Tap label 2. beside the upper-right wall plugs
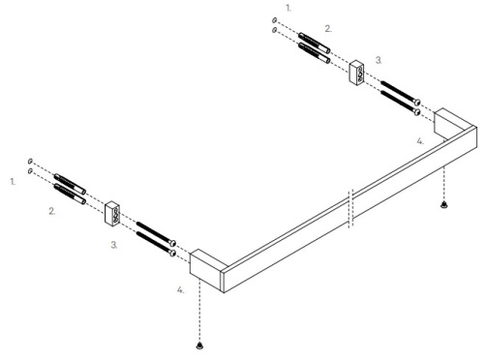328,29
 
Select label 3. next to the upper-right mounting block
378,60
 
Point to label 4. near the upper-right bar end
419,141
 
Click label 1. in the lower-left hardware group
13,181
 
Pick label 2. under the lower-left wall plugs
52,208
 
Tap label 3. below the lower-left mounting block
113,246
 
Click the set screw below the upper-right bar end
443,205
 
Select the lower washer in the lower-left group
31,171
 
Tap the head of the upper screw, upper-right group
416,102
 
